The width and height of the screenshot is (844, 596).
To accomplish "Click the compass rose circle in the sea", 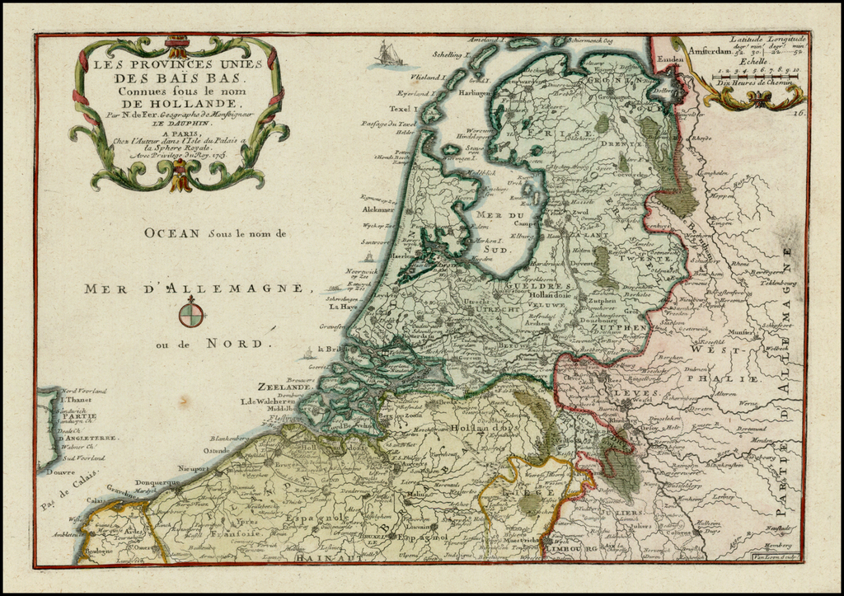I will pyautogui.click(x=190, y=314).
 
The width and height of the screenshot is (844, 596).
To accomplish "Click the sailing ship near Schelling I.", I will pyautogui.click(x=388, y=54).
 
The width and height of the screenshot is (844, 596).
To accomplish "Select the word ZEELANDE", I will pyautogui.click(x=284, y=386).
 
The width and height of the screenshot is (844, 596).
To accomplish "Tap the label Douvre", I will pyautogui.click(x=54, y=472).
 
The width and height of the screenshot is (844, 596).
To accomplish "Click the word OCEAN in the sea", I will pyautogui.click(x=171, y=233).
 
